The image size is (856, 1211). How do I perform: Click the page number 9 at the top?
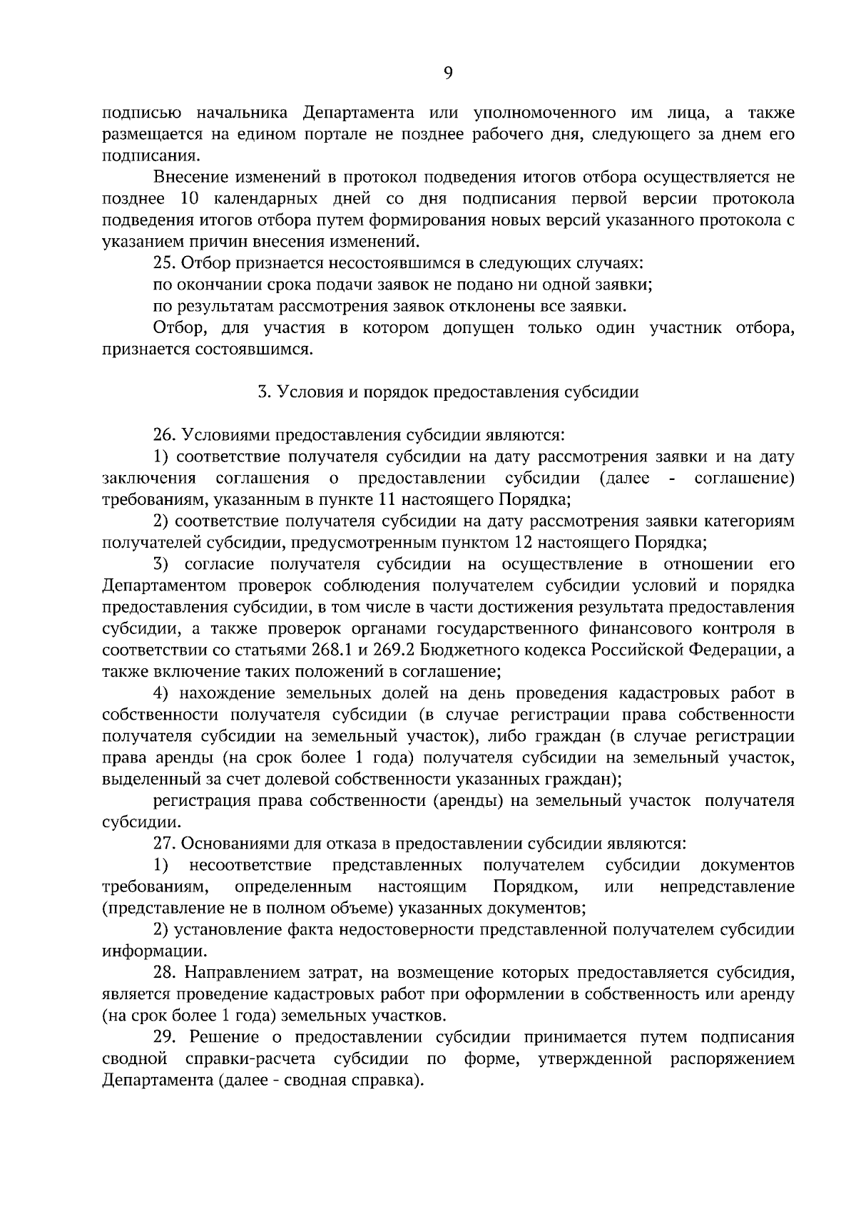click(448, 72)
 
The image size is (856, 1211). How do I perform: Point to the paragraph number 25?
click(165, 263)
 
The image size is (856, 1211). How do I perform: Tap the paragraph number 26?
click(165, 434)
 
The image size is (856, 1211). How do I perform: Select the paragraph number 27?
click(165, 843)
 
